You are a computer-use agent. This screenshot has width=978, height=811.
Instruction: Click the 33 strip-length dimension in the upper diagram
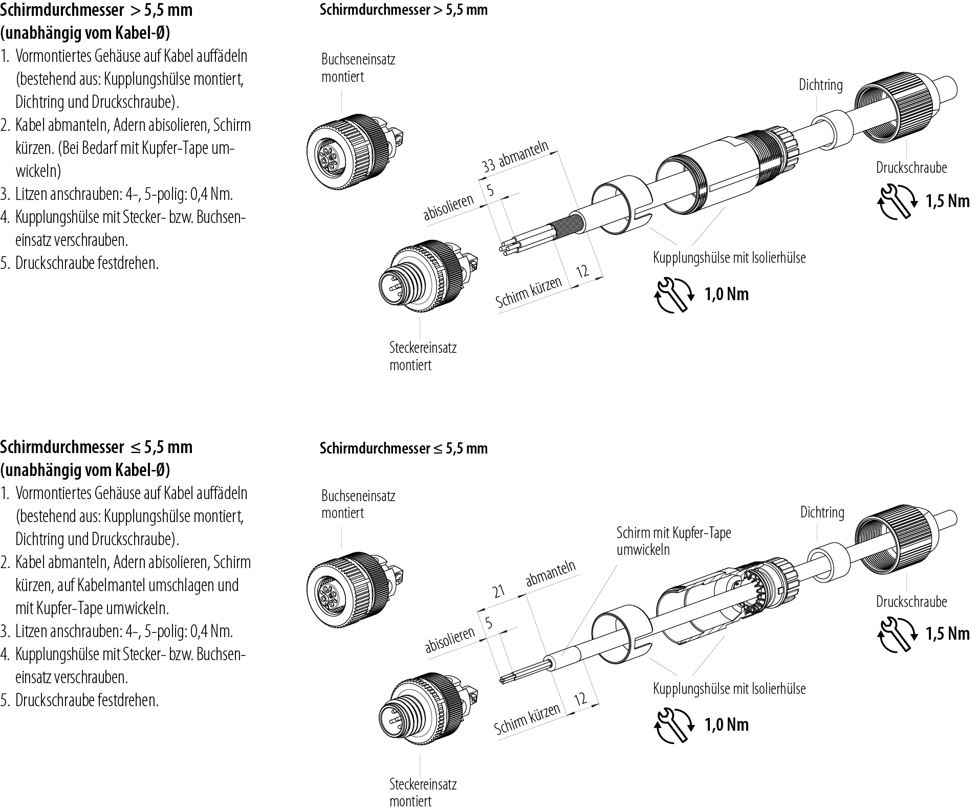click(489, 165)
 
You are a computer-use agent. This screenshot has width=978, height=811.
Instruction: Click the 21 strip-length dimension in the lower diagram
click(498, 592)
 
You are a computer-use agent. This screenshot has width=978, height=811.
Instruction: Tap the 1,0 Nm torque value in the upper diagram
click(726, 295)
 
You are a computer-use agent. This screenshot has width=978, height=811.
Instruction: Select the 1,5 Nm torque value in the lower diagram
click(947, 634)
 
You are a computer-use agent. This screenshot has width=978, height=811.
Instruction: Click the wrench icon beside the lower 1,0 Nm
click(675, 725)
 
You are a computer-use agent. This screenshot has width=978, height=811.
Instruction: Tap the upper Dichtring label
click(820, 85)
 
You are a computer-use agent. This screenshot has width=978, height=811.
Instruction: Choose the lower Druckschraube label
click(911, 602)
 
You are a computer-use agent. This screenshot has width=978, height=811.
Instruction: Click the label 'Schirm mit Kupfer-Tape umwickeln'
click(673, 541)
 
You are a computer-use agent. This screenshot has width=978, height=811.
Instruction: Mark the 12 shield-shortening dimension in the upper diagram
click(582, 271)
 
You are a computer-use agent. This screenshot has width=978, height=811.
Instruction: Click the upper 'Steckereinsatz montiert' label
click(422, 356)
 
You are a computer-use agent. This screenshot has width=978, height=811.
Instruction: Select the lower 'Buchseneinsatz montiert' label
click(358, 504)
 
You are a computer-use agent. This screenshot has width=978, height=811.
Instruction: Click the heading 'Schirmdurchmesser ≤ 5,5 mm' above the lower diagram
click(403, 448)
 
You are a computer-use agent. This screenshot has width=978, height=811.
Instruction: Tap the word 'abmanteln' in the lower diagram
click(550, 573)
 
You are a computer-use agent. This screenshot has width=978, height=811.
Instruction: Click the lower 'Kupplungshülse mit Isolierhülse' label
click(729, 689)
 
